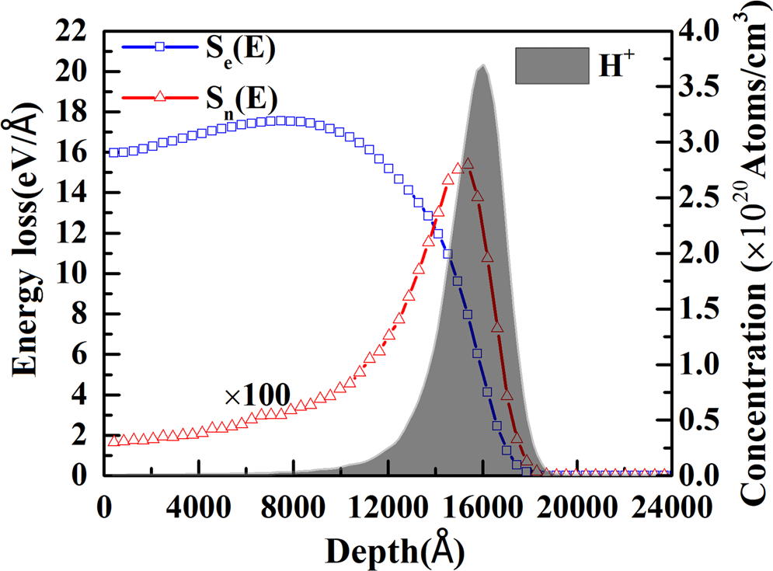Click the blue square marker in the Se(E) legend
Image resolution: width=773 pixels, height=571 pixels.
point(159,47)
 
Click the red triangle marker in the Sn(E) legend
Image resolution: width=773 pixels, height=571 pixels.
point(159,96)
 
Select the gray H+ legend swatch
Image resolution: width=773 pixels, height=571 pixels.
point(552,65)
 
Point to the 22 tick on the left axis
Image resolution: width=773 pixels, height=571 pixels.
point(74,31)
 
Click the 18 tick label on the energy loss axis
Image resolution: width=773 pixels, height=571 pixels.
point(74,112)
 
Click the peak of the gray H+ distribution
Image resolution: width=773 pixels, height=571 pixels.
point(482,65)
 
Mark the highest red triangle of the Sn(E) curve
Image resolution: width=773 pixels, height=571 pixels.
point(468,164)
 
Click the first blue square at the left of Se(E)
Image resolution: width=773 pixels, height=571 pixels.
point(114,152)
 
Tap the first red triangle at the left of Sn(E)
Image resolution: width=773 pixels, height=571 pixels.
point(114,440)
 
